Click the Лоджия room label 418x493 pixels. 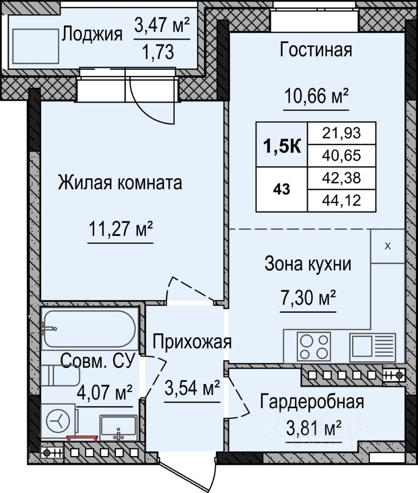[92, 34]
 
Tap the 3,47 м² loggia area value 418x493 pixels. [162, 25]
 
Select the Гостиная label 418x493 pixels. [316, 50]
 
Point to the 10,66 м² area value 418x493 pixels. [317, 96]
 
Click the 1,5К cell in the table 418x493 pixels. [281, 145]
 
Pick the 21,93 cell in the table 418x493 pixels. [341, 134]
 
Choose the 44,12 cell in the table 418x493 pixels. [341, 200]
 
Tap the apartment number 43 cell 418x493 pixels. [281, 189]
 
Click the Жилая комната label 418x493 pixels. [120, 183]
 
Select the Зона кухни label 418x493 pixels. [308, 264]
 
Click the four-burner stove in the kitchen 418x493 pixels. [314, 347]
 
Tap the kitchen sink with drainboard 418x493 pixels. [373, 348]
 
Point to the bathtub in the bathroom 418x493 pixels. [90, 329]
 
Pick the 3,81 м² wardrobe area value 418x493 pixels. [314, 428]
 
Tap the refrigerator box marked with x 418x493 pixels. [388, 246]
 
